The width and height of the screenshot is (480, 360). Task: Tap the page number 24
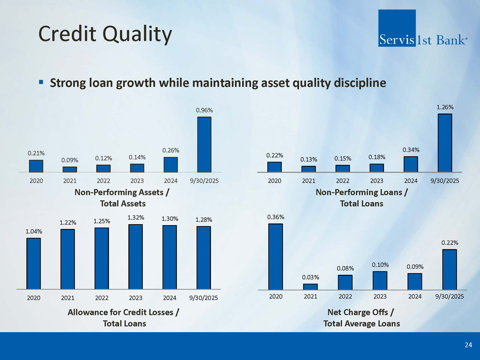(468, 345)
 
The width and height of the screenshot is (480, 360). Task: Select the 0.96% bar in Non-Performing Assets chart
(204, 145)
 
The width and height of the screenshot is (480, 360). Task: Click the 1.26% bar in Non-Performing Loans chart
(445, 143)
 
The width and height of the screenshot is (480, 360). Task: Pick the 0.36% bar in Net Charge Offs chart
(275, 256)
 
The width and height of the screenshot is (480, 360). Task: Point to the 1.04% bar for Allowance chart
(33, 263)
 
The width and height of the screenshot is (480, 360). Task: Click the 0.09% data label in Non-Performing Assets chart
(69, 160)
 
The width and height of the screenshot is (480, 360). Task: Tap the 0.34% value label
(411, 149)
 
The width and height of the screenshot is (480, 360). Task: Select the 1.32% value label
(136, 218)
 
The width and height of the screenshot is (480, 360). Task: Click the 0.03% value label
(310, 277)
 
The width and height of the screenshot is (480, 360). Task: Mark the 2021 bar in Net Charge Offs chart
(310, 287)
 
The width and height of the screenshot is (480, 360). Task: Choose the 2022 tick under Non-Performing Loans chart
(343, 181)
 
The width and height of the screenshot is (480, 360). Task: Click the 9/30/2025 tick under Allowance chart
(204, 298)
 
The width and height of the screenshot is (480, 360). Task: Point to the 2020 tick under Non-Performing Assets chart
(36, 181)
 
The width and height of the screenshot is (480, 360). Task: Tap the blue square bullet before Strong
(41, 82)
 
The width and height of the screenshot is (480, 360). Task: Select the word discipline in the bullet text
(361, 82)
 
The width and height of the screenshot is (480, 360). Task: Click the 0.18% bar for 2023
(376, 168)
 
